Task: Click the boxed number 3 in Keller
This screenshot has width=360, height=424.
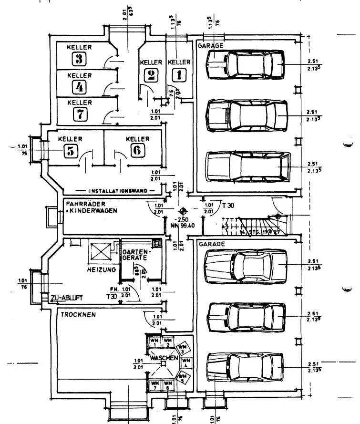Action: click(79, 59)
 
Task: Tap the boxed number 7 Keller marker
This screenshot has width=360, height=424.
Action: click(79, 114)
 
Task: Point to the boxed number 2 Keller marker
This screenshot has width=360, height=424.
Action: click(151, 74)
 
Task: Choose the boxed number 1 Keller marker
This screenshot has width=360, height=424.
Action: click(179, 74)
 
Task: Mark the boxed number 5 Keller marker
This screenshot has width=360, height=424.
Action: click(71, 151)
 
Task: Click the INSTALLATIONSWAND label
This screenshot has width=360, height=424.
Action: click(116, 190)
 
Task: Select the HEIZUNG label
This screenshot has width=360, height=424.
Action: click(101, 270)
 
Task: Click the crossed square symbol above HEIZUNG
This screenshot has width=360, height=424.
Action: click(101, 251)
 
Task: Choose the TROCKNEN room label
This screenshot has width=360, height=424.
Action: click(77, 315)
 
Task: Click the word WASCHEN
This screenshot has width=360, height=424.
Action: click(164, 358)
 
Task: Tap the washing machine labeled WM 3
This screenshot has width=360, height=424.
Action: click(182, 348)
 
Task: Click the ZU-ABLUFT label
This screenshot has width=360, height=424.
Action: click(67, 298)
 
